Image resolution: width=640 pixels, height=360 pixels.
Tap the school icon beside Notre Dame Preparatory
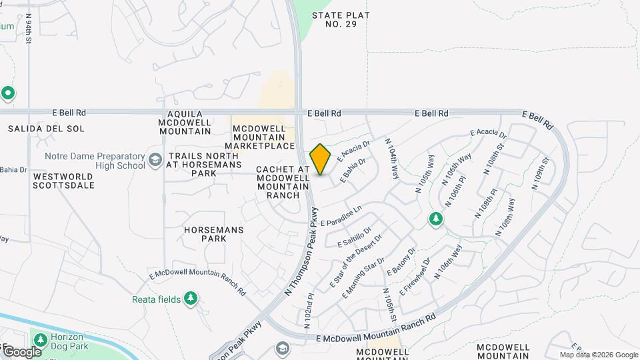point(155,160)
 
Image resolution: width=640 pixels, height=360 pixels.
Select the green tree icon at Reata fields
point(191,299)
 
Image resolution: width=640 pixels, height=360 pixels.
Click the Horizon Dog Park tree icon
point(39,340)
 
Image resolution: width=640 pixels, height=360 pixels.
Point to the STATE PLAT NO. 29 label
point(342,19)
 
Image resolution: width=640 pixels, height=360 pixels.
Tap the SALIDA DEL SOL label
point(37,128)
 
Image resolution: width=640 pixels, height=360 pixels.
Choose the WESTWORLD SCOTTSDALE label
point(63,181)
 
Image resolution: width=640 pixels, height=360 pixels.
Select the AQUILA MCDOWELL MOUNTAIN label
point(185,123)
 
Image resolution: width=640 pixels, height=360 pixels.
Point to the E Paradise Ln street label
point(341,216)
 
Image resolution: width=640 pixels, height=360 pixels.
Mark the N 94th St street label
point(29,30)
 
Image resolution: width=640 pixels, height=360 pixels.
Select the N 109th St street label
point(540,173)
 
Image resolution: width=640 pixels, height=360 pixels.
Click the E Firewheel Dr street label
point(415,277)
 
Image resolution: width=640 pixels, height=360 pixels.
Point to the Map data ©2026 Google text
point(599,355)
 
